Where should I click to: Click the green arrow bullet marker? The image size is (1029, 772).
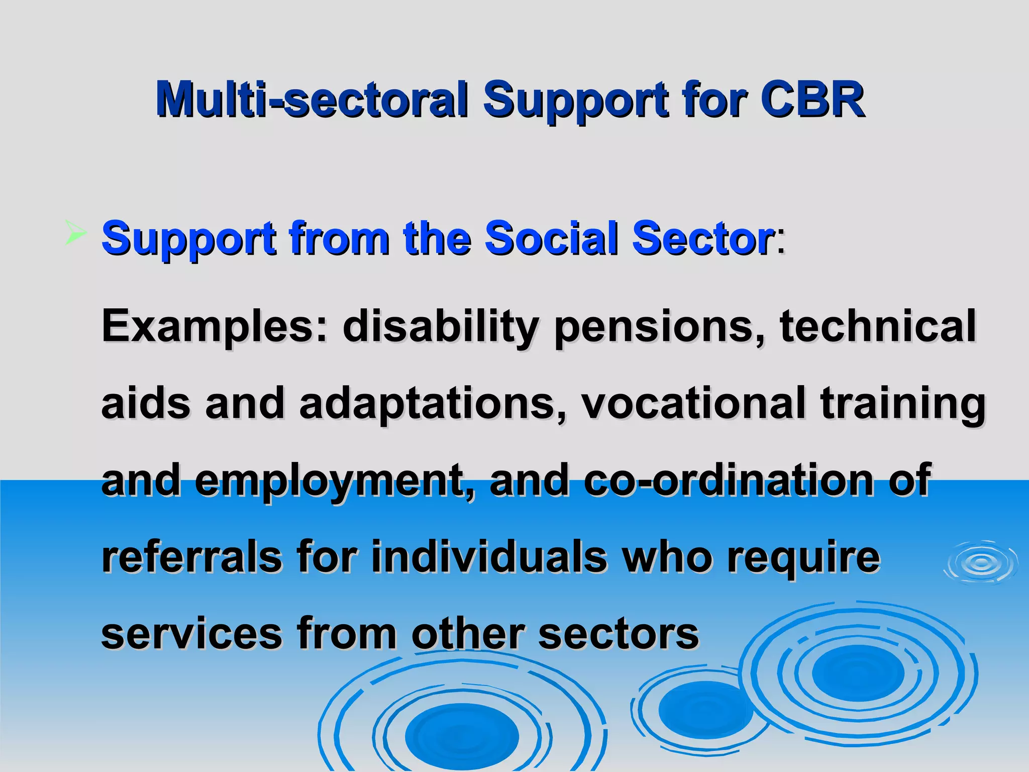click(x=75, y=234)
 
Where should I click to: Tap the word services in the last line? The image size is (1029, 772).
click(x=192, y=634)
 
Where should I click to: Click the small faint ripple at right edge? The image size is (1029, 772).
click(x=980, y=563)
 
